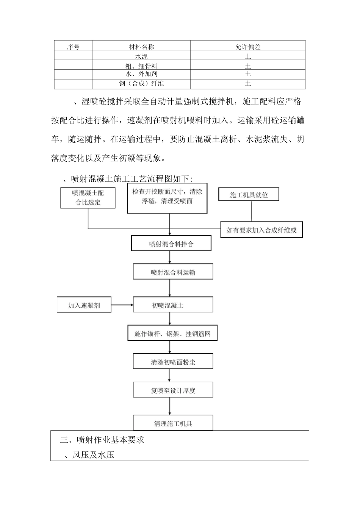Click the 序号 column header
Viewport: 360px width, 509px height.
[73, 47]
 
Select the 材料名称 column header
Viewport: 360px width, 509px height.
[141, 47]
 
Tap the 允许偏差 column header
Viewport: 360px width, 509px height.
[248, 47]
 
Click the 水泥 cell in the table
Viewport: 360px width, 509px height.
[141, 56]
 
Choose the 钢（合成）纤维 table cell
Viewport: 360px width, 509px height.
[141, 83]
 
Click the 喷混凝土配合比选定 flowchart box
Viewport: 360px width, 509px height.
[88, 198]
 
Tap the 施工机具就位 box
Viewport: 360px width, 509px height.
[249, 195]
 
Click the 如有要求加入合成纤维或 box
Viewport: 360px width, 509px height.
[261, 230]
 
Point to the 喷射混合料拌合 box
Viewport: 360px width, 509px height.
[171, 244]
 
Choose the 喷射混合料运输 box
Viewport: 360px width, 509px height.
[173, 272]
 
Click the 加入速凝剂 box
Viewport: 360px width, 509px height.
[84, 305]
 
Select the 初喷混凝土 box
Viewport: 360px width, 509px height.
[173, 305]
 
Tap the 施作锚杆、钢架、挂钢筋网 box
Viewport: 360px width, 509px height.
[172, 334]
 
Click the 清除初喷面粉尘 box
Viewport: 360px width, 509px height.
[173, 362]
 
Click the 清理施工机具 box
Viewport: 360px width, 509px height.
[173, 423]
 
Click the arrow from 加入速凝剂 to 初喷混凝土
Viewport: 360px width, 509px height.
[122, 305]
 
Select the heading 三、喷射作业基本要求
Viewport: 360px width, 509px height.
[102, 440]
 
